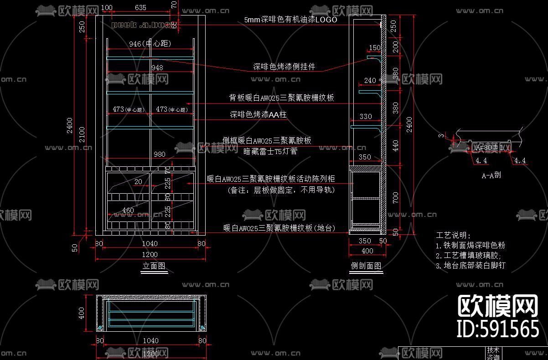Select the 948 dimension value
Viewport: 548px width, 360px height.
click(157, 67)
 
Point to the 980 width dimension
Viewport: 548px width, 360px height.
click(159, 154)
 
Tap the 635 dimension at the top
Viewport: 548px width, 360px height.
click(141, 7)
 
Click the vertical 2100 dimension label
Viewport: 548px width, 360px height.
click(82, 135)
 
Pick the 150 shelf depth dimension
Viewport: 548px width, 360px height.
click(374, 48)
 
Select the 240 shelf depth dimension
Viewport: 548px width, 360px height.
click(370, 81)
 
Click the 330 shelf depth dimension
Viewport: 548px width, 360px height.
click(366, 117)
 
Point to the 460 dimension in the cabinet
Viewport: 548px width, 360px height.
click(128, 210)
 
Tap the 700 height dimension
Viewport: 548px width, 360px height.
click(395, 197)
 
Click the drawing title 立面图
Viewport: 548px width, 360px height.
click(154, 266)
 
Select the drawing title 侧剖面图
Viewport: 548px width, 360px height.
click(366, 266)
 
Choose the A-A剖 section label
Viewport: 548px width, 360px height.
click(491, 175)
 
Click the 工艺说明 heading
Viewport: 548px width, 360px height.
click(454, 235)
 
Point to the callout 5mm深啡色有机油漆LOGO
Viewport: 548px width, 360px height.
click(290, 20)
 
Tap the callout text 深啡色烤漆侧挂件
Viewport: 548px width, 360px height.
click(284, 67)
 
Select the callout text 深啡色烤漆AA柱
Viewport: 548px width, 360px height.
click(258, 115)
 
